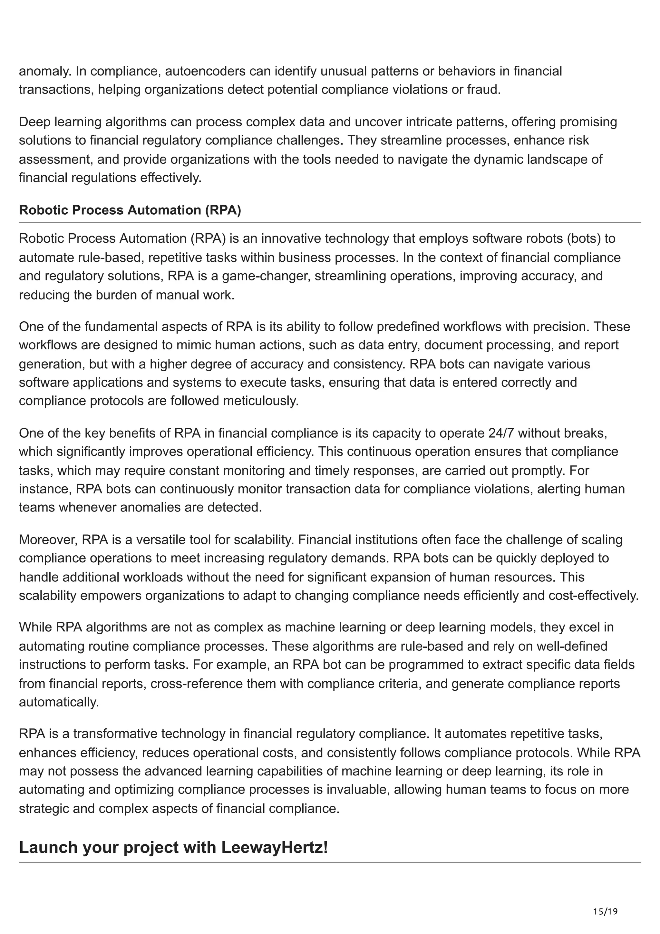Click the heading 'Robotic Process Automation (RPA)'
point(130,210)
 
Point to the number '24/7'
point(501,433)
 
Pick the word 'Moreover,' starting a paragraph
point(48,540)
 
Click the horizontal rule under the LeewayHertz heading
point(330,862)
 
